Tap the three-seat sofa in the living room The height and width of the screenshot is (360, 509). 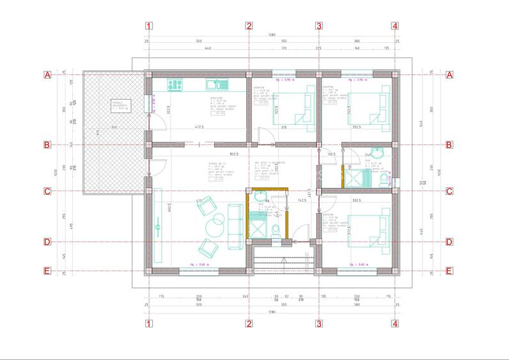click(235, 220)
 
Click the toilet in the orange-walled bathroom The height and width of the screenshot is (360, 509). click(276, 230)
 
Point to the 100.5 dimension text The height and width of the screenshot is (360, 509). click(331, 154)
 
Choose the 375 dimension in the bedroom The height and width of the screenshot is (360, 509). click(283, 127)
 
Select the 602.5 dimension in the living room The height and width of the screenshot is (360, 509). click(152, 208)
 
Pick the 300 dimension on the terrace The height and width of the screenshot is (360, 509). click(113, 127)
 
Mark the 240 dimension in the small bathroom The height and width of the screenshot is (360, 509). click(369, 154)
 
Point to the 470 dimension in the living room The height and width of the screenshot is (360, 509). click(199, 201)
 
